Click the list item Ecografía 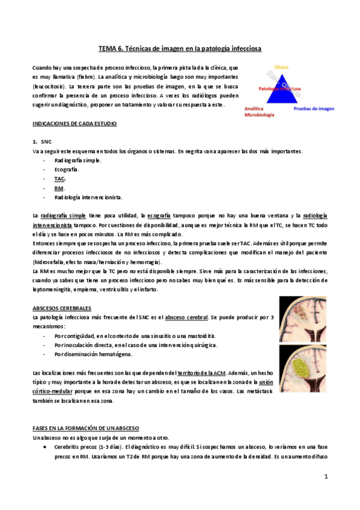pos(66,170)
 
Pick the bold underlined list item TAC pos(59,179)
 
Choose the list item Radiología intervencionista pos(88,197)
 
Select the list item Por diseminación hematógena pos(93,354)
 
